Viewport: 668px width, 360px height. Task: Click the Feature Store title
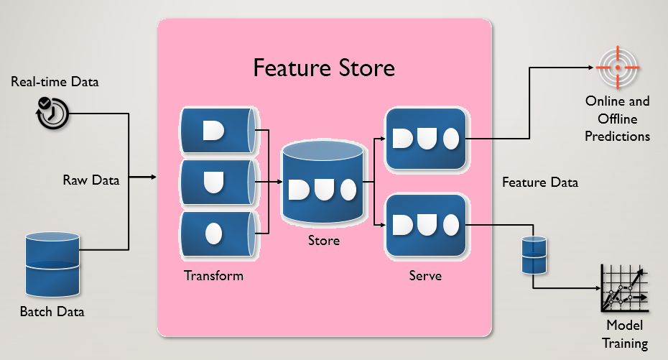[x=324, y=68]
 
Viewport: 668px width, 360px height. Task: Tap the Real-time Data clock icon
[x=52, y=112]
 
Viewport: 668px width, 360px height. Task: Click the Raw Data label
[x=91, y=180]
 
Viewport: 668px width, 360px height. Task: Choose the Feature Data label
[x=540, y=183]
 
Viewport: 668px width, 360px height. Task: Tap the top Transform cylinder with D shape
[x=217, y=130]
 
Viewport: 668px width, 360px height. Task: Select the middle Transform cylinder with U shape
[x=217, y=182]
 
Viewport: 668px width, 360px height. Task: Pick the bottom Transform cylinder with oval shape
[x=217, y=234]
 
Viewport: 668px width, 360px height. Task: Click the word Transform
[x=213, y=276]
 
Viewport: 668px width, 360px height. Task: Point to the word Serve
[x=425, y=276]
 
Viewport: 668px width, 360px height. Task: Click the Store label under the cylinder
[x=323, y=241]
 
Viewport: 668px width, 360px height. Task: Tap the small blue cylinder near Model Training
[x=534, y=255]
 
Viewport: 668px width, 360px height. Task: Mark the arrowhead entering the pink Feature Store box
[x=153, y=177]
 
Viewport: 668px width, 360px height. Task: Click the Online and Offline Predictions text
[x=617, y=119]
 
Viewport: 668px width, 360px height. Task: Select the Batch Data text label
[x=52, y=312]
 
